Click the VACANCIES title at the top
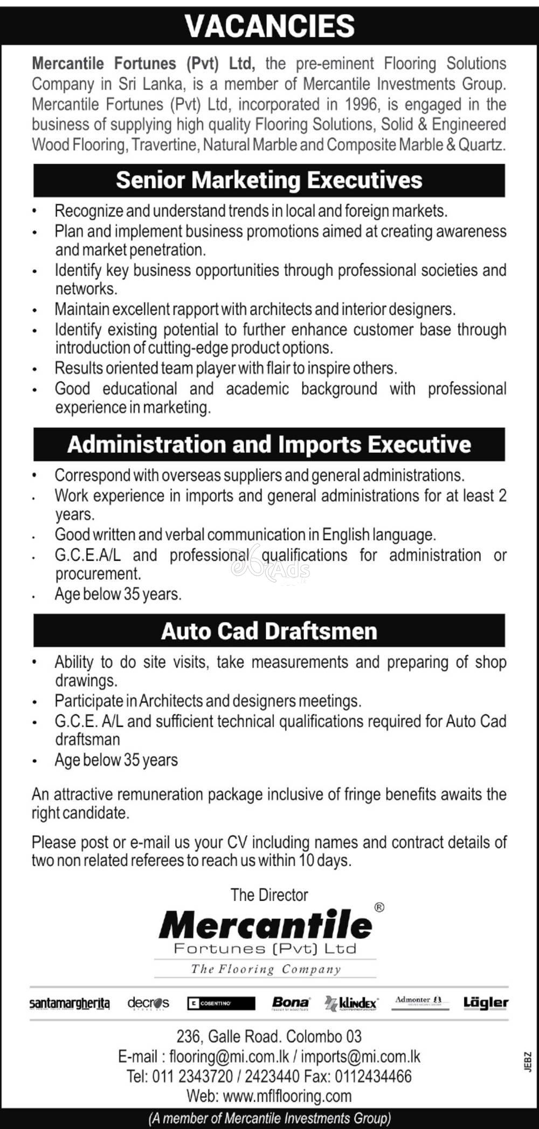(x=269, y=25)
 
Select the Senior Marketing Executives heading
(x=269, y=181)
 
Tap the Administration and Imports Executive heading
(x=269, y=445)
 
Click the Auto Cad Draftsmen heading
(x=269, y=631)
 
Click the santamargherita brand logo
(x=70, y=1003)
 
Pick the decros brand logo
(x=148, y=1003)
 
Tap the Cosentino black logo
(x=221, y=1003)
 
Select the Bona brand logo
(x=291, y=1002)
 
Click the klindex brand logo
(x=351, y=1003)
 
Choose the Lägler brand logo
(x=486, y=1002)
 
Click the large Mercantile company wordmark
(x=266, y=925)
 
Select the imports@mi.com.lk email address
(x=361, y=1057)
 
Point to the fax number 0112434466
(x=373, y=1077)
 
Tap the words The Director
(x=269, y=895)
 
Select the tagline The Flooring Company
(x=266, y=969)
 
